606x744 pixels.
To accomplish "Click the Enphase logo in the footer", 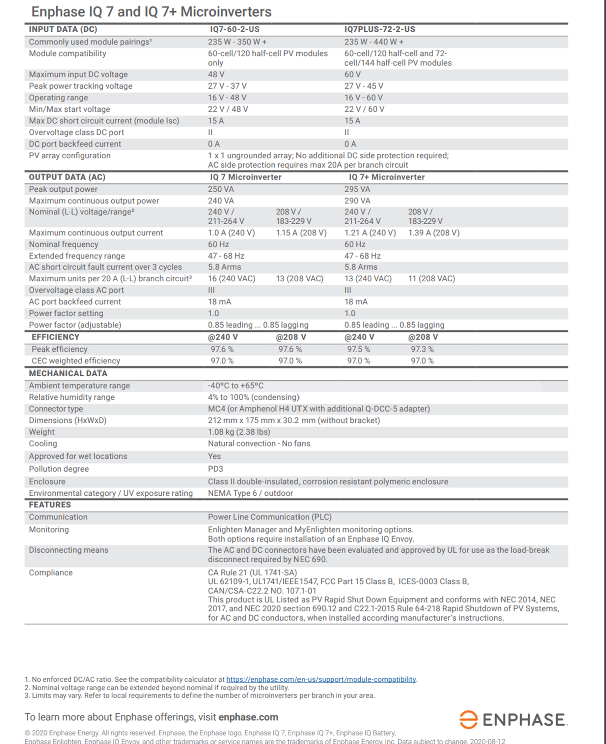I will (513, 720).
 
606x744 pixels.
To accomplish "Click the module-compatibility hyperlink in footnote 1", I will (321, 679).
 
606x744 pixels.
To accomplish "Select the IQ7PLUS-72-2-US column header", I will (379, 29).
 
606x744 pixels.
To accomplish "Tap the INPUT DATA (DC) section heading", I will (63, 29).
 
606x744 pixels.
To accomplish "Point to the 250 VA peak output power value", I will (221, 189).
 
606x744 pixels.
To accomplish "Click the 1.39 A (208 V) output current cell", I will (433, 233).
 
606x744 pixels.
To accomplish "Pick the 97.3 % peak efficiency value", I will (422, 349).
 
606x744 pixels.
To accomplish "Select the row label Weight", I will (41, 432).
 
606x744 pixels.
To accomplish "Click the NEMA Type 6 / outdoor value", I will (250, 493).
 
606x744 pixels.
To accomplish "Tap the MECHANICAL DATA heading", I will (68, 373).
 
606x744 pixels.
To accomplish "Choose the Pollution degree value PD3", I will (215, 469).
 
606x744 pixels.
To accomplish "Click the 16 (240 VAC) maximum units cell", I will (232, 279).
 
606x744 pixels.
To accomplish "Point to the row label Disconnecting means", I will (69, 550).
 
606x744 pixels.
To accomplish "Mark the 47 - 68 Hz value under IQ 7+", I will (362, 256).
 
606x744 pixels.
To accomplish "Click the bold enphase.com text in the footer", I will (248, 717).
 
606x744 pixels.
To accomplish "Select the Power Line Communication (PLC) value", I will (269, 517).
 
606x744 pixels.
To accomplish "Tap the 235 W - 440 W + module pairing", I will (373, 42).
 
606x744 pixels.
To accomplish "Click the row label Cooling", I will (42, 444).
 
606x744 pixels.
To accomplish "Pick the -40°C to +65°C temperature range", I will (235, 386).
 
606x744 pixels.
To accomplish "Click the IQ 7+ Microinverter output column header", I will (386, 177).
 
